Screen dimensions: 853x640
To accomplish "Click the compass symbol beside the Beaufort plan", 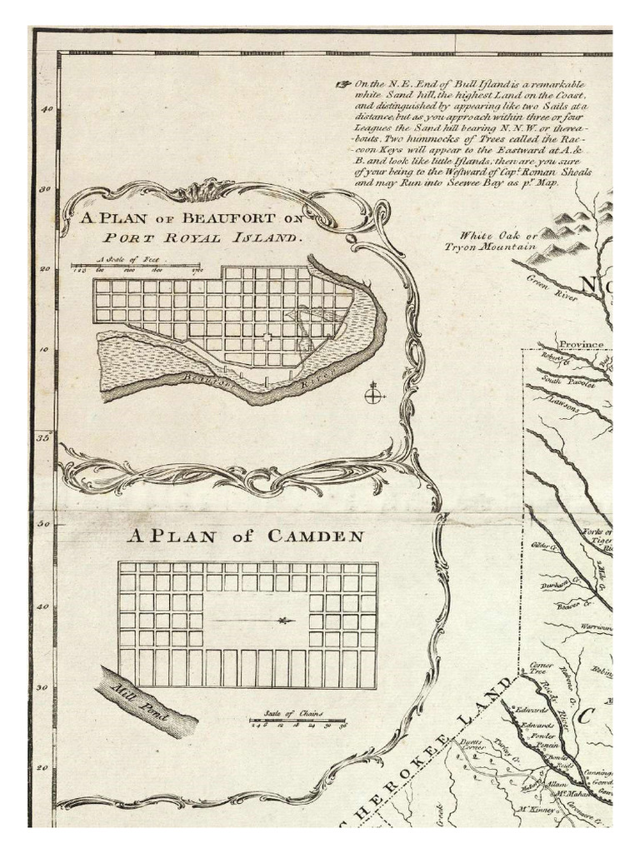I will (x=372, y=393).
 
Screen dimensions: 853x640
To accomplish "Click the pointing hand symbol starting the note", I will (x=343, y=84).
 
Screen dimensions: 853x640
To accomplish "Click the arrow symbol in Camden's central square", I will (x=287, y=621).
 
